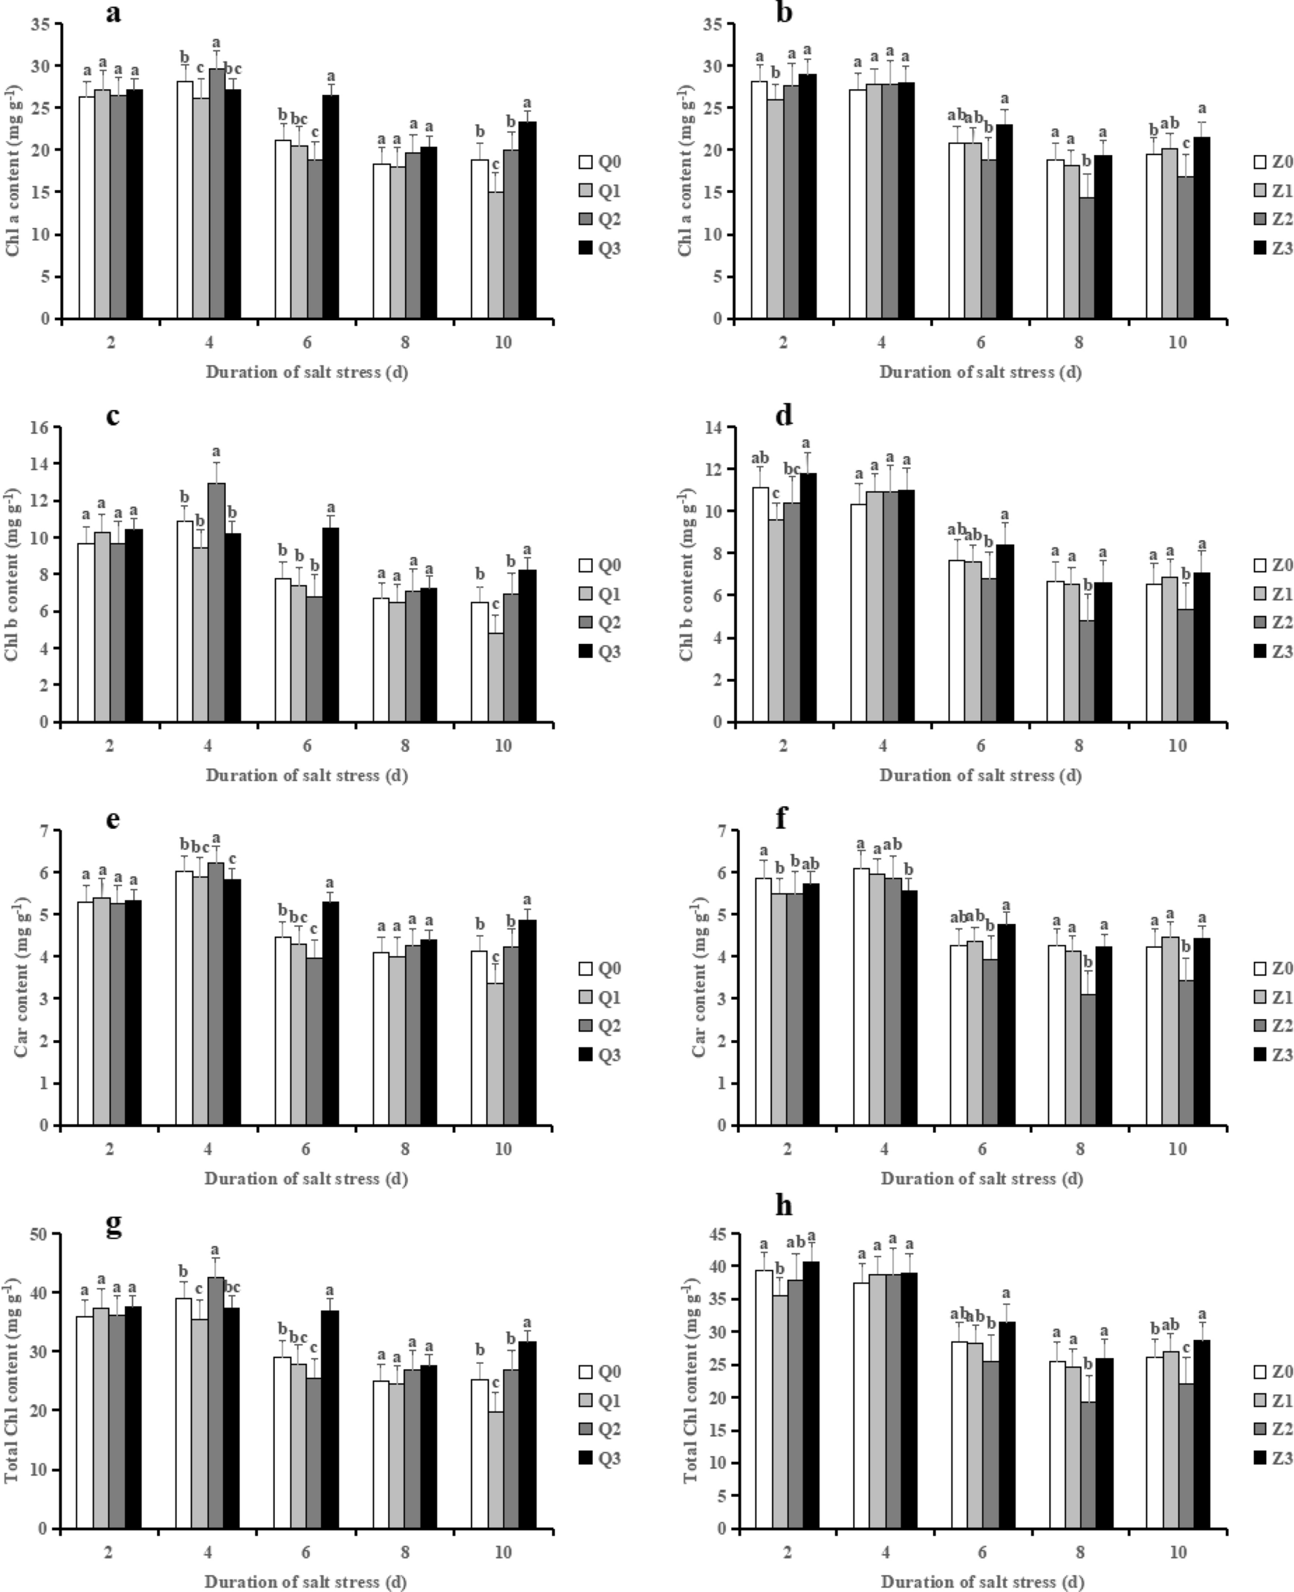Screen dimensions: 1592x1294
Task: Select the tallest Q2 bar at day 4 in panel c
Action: click(217, 602)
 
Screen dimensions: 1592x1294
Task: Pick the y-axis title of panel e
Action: click(22, 978)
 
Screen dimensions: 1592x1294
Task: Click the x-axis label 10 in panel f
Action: click(1177, 1150)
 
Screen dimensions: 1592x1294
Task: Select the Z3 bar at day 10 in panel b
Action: click(1201, 227)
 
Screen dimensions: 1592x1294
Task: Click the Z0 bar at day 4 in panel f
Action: click(861, 996)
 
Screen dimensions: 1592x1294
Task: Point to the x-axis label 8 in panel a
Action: click(405, 343)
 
